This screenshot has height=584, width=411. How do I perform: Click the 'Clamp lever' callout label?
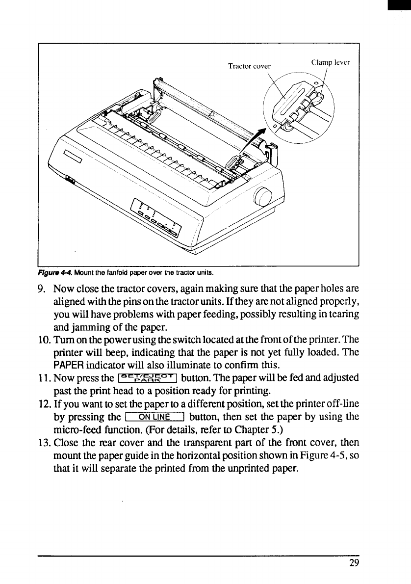coord(331,62)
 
